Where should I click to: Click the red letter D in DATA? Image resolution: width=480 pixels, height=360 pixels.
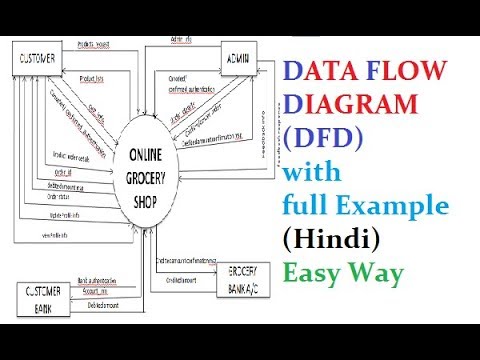298,71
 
